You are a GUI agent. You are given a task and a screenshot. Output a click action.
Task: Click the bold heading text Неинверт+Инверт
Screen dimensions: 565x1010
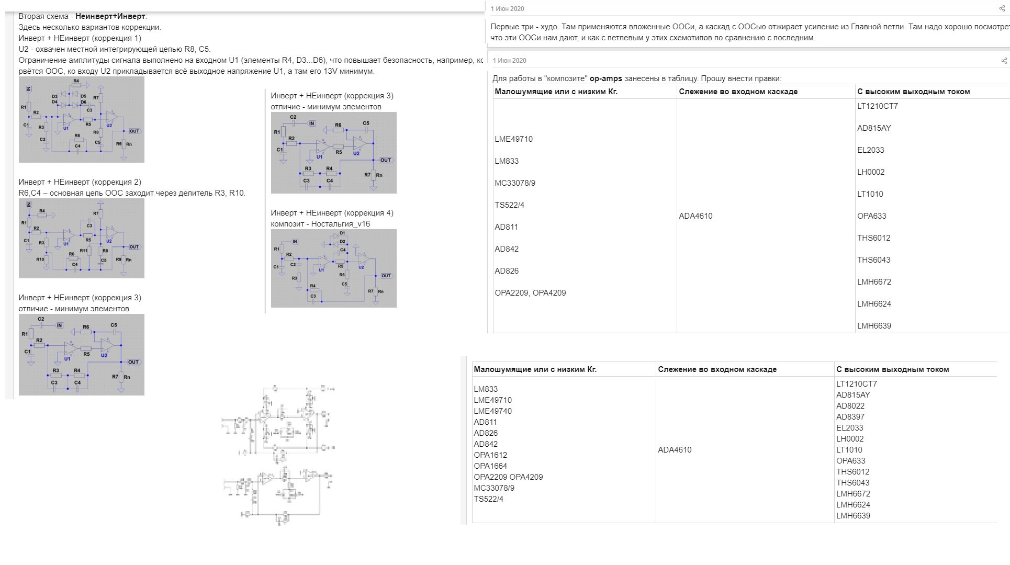(110, 16)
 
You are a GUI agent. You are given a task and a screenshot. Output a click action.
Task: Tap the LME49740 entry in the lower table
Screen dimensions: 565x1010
(492, 411)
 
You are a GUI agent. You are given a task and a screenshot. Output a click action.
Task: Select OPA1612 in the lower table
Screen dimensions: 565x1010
(490, 455)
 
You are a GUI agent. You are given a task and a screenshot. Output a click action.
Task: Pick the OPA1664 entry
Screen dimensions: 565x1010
(490, 466)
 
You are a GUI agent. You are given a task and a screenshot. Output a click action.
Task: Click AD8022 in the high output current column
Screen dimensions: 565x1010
(850, 406)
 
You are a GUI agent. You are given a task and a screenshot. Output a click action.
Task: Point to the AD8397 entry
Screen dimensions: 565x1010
(850, 417)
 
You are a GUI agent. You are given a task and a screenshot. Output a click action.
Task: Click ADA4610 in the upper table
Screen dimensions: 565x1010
(695, 216)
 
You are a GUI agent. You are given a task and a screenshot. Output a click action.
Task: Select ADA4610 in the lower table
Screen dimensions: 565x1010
(675, 450)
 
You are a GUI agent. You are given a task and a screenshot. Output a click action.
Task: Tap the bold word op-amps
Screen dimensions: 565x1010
(606, 78)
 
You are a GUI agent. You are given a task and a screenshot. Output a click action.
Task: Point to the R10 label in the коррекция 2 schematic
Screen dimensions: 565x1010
(40, 259)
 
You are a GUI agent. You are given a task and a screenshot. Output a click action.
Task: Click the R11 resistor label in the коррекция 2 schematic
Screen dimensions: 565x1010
(84, 251)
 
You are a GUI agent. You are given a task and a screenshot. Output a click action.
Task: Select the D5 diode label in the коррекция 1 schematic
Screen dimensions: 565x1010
(83, 96)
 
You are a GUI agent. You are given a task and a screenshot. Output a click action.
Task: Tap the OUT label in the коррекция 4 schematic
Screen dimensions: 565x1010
(386, 276)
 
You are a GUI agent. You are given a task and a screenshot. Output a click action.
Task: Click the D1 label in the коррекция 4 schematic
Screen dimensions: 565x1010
(342, 233)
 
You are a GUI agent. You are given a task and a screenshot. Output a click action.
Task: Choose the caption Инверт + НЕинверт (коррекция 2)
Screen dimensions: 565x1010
(80, 182)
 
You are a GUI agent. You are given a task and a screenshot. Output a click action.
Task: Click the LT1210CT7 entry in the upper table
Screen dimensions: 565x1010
(878, 106)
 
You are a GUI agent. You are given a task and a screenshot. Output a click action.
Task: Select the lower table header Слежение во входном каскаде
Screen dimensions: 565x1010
(717, 369)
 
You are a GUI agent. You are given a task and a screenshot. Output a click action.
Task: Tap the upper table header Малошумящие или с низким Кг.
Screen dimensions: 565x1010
(556, 92)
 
